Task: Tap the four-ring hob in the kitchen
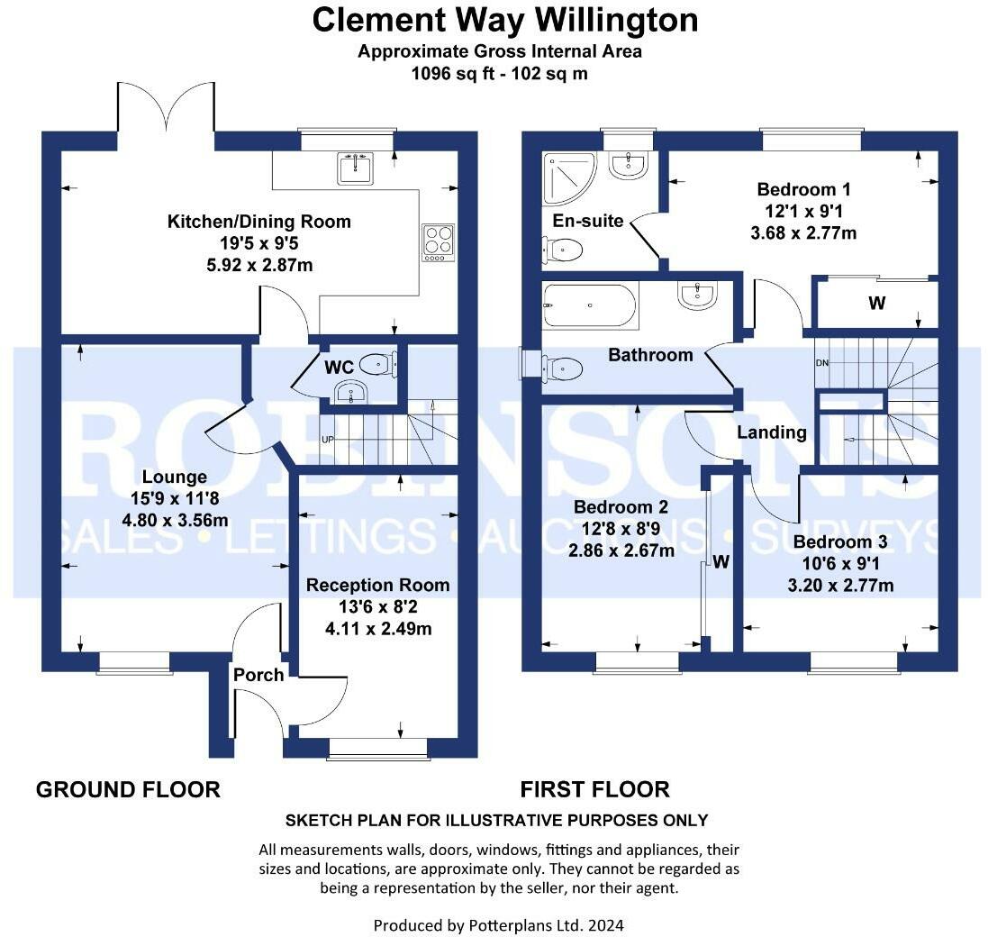pos(438,241)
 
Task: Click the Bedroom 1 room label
pos(803,190)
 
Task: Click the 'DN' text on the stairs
pos(821,362)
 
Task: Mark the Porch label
pos(258,675)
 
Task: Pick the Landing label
pos(772,432)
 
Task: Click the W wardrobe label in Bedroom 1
pos(875,304)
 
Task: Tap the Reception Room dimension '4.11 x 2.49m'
pos(377,628)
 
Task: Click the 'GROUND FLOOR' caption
pos(128,790)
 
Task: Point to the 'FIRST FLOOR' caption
pos(594,790)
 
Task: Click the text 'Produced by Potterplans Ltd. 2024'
pos(498,924)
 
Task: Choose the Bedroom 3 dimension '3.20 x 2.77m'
pos(839,586)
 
